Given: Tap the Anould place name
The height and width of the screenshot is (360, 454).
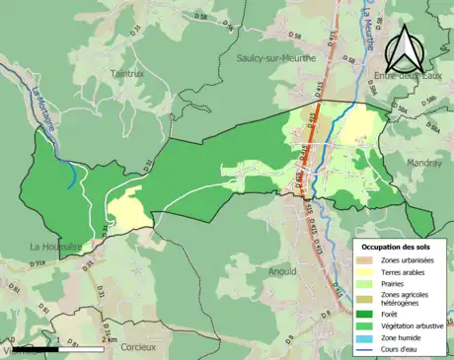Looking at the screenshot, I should [x=281, y=269].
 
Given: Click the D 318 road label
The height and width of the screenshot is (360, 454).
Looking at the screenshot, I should [x=36, y=263].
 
